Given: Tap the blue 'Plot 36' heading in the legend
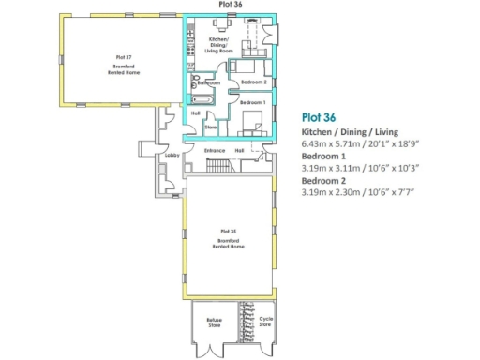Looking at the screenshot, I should [x=319, y=118].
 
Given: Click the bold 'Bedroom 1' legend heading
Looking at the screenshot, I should [x=322, y=157].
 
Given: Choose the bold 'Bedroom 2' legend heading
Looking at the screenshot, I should [x=322, y=180].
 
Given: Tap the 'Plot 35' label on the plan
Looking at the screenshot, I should [x=227, y=231].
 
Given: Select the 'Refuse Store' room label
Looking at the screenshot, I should [x=215, y=323].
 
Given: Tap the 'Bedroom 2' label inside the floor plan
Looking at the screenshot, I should [x=254, y=82].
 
